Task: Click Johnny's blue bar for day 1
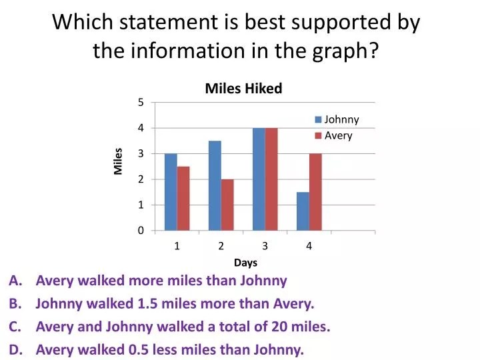point(171,192)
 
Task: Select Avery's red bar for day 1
point(183,199)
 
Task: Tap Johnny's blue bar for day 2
point(215,185)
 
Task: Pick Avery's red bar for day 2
point(227,205)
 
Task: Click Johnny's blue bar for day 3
point(259,179)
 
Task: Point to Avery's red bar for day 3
point(271,179)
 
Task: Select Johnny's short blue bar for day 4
point(303,211)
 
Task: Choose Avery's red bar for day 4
point(315,192)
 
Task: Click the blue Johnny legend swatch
point(319,119)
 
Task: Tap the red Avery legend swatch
point(319,135)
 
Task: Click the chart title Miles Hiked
point(244,89)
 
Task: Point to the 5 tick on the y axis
point(141,102)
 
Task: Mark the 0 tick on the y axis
point(141,230)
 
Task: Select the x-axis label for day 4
point(309,246)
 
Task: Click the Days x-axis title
point(245,263)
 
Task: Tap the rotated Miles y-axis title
point(118,161)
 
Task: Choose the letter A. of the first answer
point(15,281)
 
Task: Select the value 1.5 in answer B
point(147,304)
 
